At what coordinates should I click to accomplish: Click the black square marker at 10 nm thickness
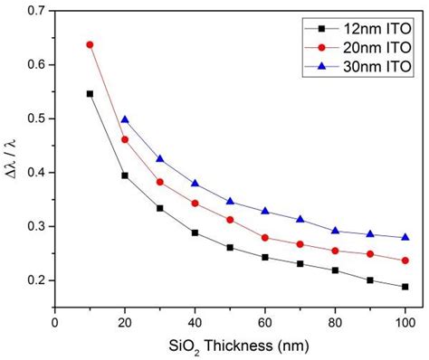[90, 93]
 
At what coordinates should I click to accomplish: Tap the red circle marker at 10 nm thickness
[90, 44]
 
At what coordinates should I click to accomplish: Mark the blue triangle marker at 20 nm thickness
[125, 119]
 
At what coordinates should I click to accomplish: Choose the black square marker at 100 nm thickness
[404, 287]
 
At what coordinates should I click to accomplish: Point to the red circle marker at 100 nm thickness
[404, 261]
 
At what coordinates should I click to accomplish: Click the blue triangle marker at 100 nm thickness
[404, 237]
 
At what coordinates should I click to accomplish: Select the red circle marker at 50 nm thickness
[230, 220]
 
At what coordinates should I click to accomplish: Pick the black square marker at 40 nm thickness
[195, 232]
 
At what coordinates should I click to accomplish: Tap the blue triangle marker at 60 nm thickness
[264, 211]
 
